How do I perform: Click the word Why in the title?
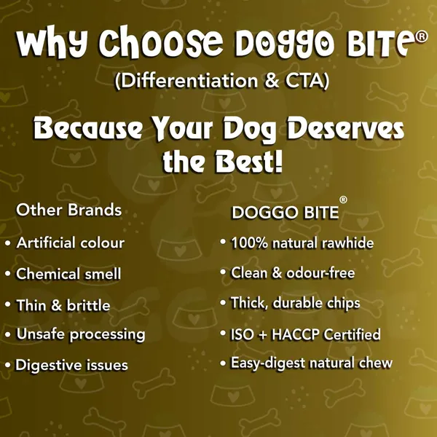pyautogui.click(x=52, y=42)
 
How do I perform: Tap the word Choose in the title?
pyautogui.click(x=161, y=42)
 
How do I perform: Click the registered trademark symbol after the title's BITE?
pyautogui.click(x=422, y=37)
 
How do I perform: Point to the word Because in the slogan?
pyautogui.click(x=87, y=128)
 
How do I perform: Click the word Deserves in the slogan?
pyautogui.click(x=345, y=127)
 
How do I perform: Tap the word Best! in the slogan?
pyautogui.click(x=249, y=162)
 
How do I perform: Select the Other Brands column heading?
pyautogui.click(x=69, y=210)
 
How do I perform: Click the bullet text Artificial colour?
pyautogui.click(x=70, y=243)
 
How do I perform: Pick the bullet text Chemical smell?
pyautogui.click(x=68, y=274)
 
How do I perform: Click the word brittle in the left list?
pyautogui.click(x=88, y=305)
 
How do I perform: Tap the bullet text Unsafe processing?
pyautogui.click(x=81, y=334)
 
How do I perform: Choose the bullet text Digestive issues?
pyautogui.click(x=71, y=366)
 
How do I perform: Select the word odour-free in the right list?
pyautogui.click(x=320, y=273)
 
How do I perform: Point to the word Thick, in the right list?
pyautogui.click(x=249, y=303)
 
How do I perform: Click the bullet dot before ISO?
pyautogui.click(x=223, y=333)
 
